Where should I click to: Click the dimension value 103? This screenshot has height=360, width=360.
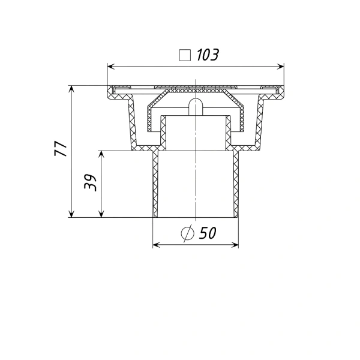coord(208,55)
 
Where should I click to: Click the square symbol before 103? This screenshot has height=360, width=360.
coord(185,55)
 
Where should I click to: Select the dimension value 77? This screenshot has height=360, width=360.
coord(61,149)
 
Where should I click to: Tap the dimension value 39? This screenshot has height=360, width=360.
coord(90,182)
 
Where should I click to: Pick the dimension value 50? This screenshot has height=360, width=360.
coord(208,233)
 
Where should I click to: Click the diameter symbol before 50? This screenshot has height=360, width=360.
coord(188,233)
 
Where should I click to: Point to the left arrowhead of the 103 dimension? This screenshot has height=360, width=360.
coord(111,67)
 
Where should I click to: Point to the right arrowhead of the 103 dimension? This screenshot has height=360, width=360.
coord(280,67)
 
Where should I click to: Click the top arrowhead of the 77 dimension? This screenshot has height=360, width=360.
coord(71,89)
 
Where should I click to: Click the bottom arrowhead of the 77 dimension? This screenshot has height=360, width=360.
coord(71,214)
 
